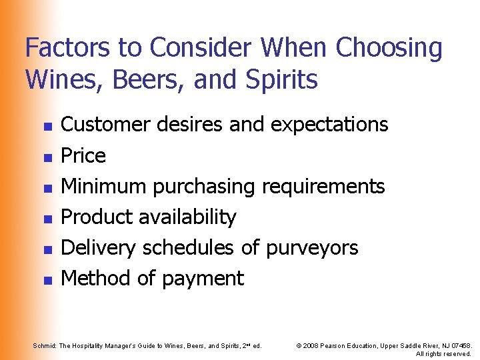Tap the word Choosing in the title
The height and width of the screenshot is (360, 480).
click(x=389, y=48)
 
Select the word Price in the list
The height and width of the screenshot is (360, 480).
click(x=83, y=155)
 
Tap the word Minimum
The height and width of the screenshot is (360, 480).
click(x=104, y=186)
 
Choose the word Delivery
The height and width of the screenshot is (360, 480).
click(x=97, y=247)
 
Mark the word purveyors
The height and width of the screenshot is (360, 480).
click(x=312, y=247)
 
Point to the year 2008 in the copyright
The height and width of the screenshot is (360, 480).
click(x=310, y=345)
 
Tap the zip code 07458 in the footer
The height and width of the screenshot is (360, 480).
click(x=459, y=345)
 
